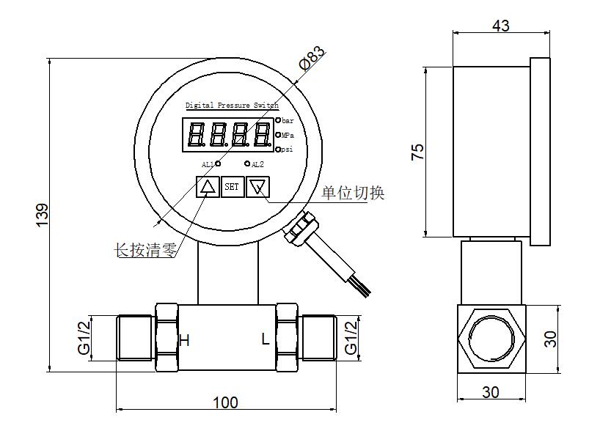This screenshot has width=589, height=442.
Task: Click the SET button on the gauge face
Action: tap(232, 187)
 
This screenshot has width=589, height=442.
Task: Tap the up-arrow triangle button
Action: tap(208, 187)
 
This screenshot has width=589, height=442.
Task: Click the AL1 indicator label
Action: tap(208, 164)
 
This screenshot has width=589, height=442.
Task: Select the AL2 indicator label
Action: tap(257, 164)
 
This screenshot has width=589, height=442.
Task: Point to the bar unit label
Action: tap(288, 120)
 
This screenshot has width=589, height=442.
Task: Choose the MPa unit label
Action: tap(288, 135)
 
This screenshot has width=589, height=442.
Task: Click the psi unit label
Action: tap(287, 150)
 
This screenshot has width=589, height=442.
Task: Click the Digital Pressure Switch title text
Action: tap(232, 105)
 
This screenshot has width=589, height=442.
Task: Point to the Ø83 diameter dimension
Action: tap(312, 57)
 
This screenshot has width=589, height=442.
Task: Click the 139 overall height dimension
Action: tap(42, 215)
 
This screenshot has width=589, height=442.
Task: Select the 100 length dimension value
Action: tap(225, 402)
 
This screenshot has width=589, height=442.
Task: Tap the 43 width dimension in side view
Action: tap(501, 26)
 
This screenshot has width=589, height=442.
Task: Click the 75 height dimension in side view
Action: tap(417, 152)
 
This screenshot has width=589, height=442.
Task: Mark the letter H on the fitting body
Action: tap(184, 341)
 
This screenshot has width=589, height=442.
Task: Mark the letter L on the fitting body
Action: tap(266, 339)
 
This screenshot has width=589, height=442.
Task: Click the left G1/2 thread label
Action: tap(84, 338)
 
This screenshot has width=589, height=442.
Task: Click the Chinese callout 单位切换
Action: tap(353, 193)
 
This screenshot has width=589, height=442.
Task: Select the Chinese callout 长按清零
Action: tap(145, 250)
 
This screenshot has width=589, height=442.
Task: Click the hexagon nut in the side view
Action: tap(491, 339)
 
